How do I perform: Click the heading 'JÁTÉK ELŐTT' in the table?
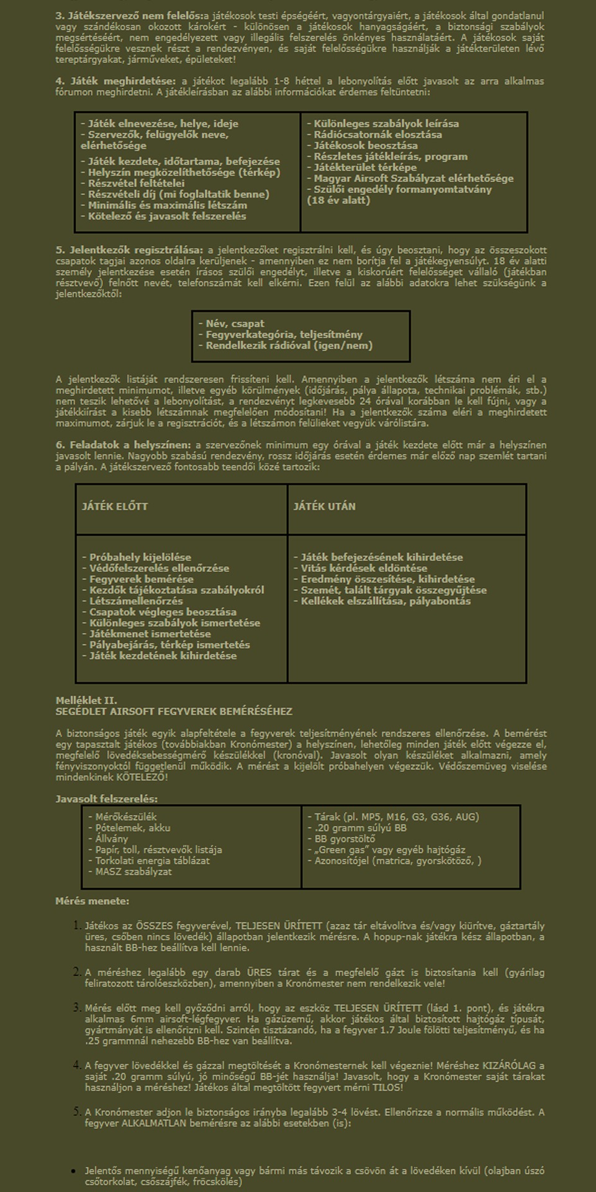[x=115, y=507]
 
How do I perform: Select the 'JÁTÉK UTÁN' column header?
[x=324, y=507]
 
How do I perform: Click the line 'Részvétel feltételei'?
[x=136, y=183]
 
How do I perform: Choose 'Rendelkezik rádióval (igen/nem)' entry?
[x=289, y=345]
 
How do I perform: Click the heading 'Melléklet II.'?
[x=86, y=700]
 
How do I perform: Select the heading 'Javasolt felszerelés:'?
[x=106, y=799]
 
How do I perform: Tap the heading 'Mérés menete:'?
[x=93, y=901]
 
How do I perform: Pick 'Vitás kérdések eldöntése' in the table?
[x=364, y=568]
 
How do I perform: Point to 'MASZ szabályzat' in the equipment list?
[x=133, y=872]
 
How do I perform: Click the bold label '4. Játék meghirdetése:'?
[x=117, y=81]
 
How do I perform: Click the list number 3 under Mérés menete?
[x=77, y=1008]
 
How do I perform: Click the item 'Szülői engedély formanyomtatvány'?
[x=402, y=189]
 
